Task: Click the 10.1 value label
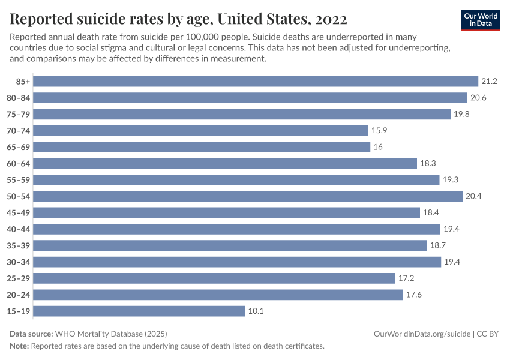coord(256,311)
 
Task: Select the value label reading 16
coord(378,147)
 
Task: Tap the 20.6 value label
coord(478,98)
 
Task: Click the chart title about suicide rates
coord(178,19)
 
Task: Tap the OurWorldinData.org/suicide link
coord(422,334)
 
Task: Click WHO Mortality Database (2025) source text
coord(110,334)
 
